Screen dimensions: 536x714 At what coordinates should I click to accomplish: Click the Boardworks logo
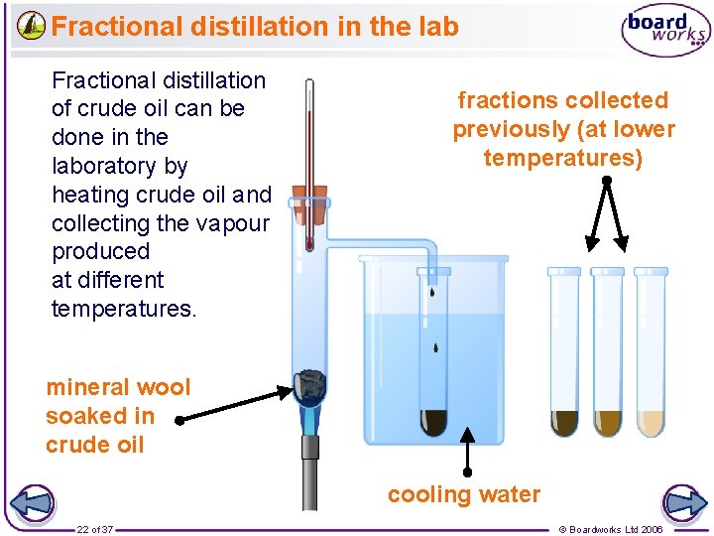[x=665, y=30]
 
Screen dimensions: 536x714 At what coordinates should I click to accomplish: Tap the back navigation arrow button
[x=30, y=502]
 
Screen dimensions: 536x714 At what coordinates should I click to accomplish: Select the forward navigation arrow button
[x=684, y=502]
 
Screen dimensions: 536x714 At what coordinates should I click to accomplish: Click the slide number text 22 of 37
[x=95, y=529]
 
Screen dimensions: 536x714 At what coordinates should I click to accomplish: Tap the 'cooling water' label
[x=464, y=494]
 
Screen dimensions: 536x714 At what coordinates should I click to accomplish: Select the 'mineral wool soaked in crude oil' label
[x=117, y=416]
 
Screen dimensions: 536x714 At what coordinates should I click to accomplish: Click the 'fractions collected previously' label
[x=563, y=129]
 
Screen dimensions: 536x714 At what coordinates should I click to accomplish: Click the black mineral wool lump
[x=312, y=385]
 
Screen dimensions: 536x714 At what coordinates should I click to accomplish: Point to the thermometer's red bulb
[x=309, y=241]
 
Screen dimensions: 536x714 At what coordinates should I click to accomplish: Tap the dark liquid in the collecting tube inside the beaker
[x=434, y=422]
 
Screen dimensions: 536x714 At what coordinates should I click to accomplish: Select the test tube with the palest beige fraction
[x=651, y=423]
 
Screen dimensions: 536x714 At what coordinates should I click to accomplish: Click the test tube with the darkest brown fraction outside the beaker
[x=565, y=423]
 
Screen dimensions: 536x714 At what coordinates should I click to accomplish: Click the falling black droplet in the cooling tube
[x=436, y=347]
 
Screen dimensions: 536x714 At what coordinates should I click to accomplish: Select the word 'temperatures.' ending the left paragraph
[x=124, y=309]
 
